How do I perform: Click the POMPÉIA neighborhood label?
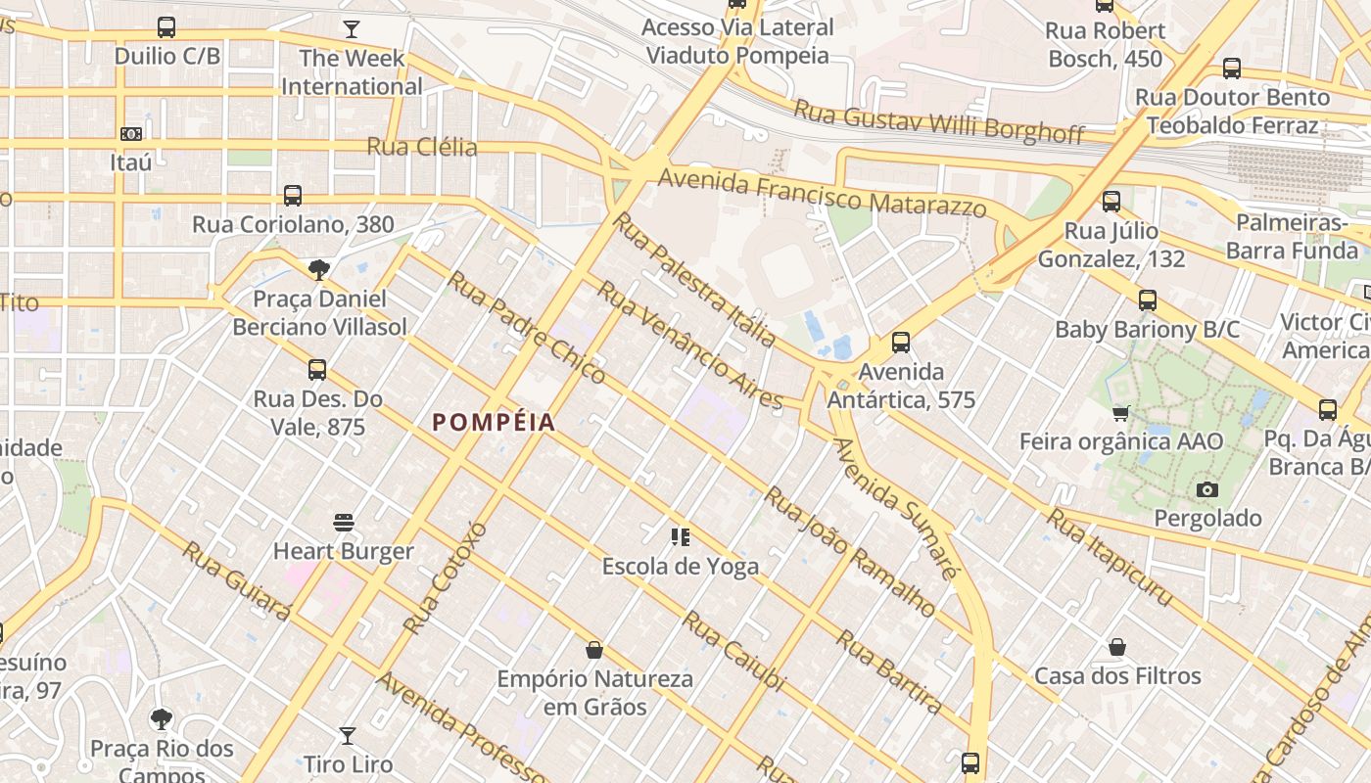[494, 423]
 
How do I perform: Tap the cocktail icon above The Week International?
[351, 28]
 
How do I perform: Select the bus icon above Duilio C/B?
[166, 27]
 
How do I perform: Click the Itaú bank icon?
[131, 133]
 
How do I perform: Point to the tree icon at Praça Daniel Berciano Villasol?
[318, 269]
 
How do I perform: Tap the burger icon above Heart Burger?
[343, 523]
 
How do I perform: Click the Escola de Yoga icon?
[680, 536]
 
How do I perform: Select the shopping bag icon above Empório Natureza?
[593, 650]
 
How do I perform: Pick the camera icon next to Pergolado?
[1207, 489]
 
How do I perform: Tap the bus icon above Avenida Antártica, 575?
[901, 343]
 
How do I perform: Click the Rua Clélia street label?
[422, 147]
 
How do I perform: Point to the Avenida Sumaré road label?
[892, 507]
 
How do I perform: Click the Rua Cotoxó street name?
[445, 577]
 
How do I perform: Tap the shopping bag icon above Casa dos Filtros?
[1117, 647]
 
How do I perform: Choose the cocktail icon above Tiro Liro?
[348, 735]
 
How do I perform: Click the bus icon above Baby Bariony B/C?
[1147, 300]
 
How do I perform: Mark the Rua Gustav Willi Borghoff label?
[938, 120]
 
